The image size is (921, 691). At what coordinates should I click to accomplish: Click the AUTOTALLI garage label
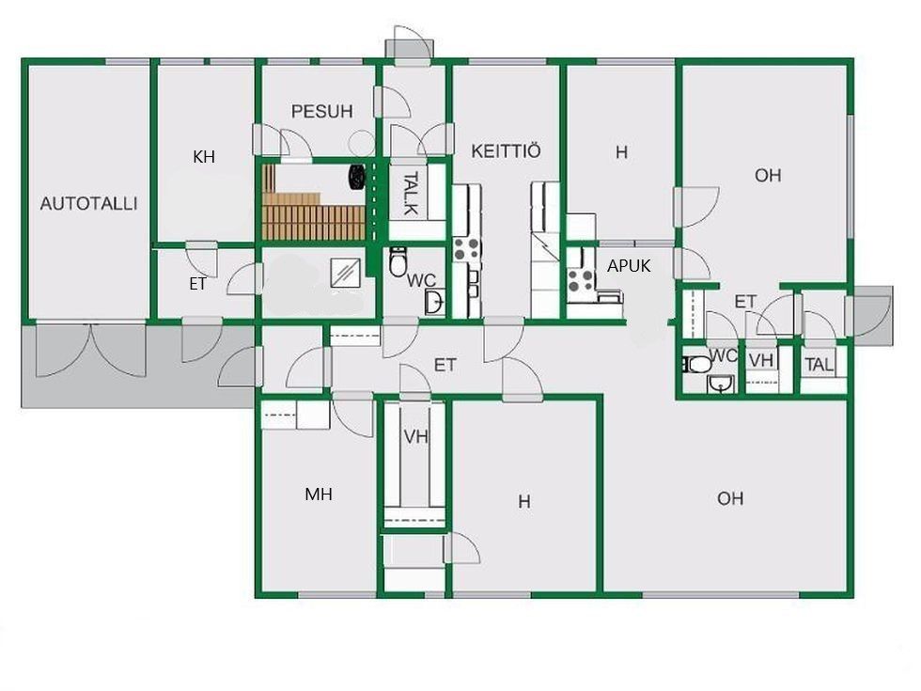pos(88,204)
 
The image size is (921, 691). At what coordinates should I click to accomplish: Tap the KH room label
pos(204,157)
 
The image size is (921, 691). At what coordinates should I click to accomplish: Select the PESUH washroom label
pos(321,111)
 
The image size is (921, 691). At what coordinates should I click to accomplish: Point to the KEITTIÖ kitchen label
pos(506,151)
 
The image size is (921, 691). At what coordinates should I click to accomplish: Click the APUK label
pos(629,266)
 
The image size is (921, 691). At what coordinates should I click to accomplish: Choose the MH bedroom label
pos(319,495)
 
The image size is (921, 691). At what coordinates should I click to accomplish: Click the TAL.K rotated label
pos(412,193)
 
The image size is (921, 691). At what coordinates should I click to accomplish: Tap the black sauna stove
pos(357,177)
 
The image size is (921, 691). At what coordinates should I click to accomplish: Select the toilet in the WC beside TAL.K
pos(398,262)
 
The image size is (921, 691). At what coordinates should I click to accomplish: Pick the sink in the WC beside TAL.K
pos(434,302)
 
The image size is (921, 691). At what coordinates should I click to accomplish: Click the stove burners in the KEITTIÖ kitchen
pos(467,249)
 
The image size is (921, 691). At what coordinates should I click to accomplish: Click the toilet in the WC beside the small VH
pos(696,365)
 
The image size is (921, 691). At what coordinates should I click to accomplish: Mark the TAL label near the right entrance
pos(820,365)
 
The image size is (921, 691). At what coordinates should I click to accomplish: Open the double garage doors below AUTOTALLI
pos(91,350)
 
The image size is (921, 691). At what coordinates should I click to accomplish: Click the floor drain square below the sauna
pos(346,274)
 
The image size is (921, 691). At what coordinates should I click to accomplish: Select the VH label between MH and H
pos(415,436)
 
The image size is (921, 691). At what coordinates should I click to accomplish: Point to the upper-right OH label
pos(768,176)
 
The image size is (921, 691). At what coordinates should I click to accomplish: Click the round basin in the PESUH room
pos(360,143)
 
